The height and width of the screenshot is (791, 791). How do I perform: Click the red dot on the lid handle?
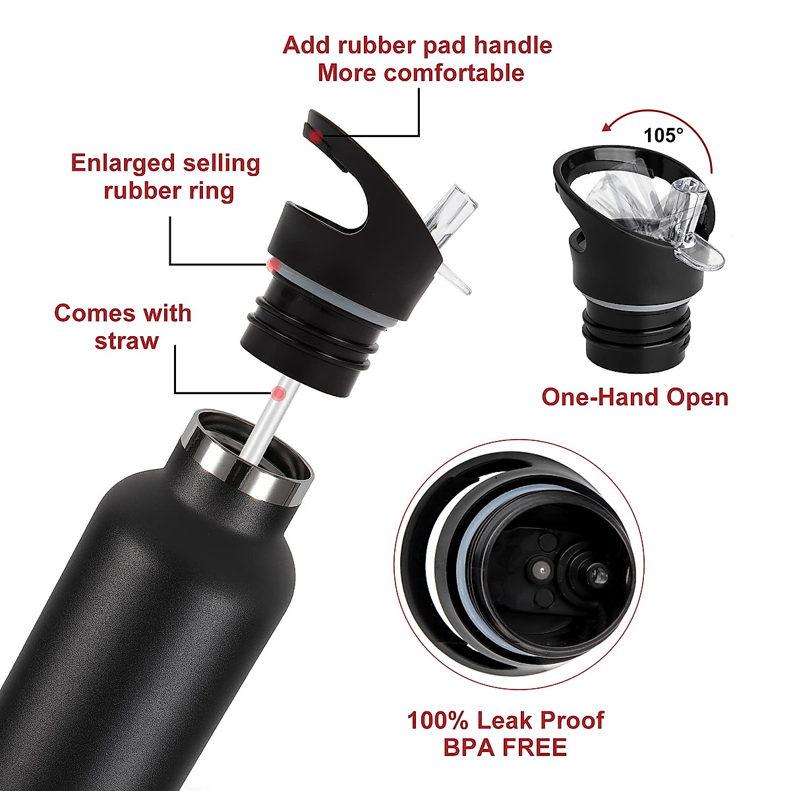click(x=316, y=136)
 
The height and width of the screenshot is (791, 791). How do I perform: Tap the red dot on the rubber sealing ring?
click(x=272, y=265)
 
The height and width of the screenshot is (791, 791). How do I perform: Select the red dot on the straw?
click(x=279, y=394)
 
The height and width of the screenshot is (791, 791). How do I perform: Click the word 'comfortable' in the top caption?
click(x=454, y=73)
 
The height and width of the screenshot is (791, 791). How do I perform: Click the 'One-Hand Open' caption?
click(x=634, y=397)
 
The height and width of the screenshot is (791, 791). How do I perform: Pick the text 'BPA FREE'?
click(x=505, y=748)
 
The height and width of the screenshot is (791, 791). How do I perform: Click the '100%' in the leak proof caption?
click(x=438, y=720)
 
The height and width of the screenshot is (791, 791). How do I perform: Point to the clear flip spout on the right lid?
click(x=686, y=218)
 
